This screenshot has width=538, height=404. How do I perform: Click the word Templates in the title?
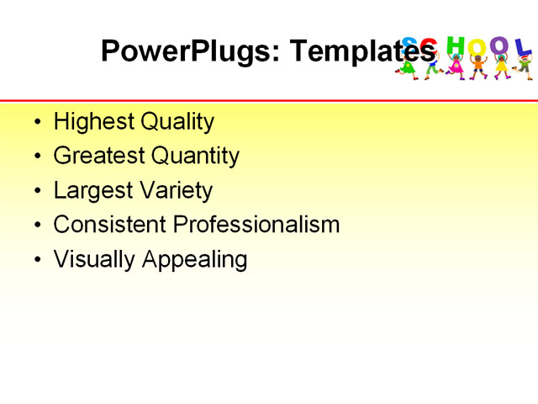click(362, 51)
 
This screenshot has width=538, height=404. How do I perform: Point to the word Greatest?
click(98, 156)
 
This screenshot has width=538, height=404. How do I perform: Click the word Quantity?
click(195, 157)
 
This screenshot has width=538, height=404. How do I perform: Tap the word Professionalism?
click(256, 225)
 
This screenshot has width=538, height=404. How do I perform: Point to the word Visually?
click(94, 259)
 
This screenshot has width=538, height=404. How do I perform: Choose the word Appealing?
click(194, 260)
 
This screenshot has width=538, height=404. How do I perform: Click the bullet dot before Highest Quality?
click(36, 123)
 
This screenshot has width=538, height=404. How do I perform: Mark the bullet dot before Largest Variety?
click(36, 192)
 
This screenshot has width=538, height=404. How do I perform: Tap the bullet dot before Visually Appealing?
click(36, 260)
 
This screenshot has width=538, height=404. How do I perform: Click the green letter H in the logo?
click(455, 44)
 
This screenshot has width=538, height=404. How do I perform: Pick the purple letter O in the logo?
click(500, 45)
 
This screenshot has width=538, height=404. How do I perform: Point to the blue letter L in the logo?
click(523, 47)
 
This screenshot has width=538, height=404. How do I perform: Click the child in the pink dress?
click(456, 66)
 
